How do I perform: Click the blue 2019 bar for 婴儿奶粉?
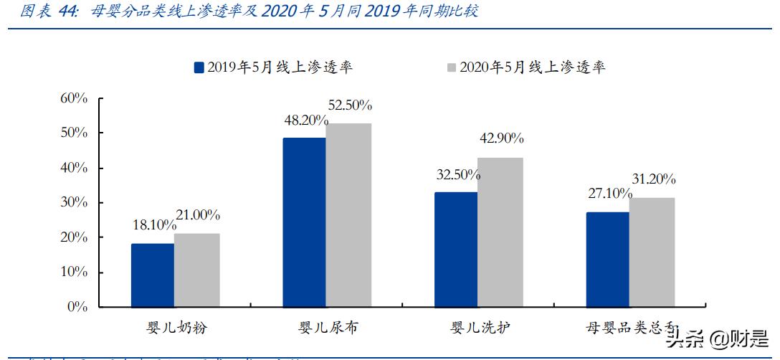[152, 275]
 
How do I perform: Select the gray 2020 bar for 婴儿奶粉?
[196, 270]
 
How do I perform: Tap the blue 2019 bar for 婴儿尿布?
[304, 222]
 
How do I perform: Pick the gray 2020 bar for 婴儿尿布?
[348, 215]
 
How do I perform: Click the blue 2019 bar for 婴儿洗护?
[455, 250]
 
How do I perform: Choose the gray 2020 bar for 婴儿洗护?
[500, 232]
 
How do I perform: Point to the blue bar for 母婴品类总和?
[607, 260]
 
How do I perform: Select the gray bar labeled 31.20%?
[652, 252]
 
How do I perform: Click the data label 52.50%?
[350, 105]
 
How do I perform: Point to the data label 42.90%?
[501, 138]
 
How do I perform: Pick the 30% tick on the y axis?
[73, 203]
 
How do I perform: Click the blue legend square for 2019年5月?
[199, 68]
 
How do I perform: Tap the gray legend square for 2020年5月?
[452, 68]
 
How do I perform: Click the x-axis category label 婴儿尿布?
[328, 328]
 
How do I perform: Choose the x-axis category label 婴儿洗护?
[479, 328]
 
